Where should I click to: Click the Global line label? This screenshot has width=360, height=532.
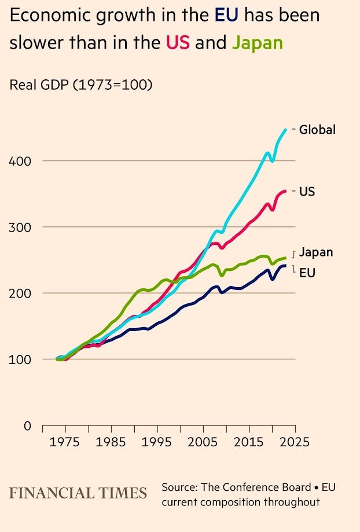point(317,130)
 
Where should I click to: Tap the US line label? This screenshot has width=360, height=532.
point(307,191)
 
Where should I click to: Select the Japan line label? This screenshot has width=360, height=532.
point(316,252)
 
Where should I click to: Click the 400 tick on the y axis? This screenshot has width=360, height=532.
point(20,160)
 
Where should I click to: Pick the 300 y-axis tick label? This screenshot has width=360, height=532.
point(20,227)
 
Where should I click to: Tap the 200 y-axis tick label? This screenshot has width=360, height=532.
point(20,293)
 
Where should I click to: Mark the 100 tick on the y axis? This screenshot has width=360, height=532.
point(20,359)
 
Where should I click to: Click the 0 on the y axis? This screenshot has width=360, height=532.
point(27,426)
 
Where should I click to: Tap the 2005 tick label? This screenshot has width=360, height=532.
point(202,442)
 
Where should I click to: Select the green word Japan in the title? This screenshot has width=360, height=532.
point(257,42)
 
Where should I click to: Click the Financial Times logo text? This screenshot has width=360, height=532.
point(78,493)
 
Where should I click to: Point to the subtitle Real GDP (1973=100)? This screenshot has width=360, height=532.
point(81,85)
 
